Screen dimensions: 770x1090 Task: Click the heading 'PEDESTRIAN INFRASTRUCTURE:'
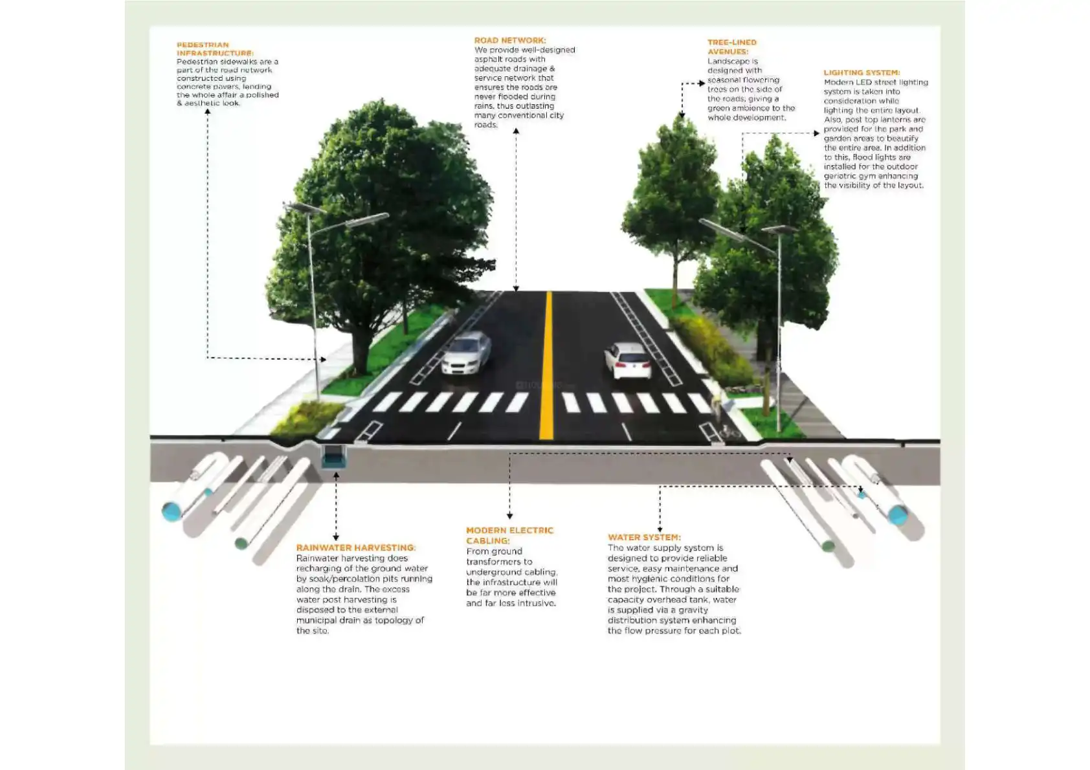[215, 49]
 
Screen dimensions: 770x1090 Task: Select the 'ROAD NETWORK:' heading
[509, 40]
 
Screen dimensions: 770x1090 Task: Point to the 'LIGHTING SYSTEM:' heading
[861, 72]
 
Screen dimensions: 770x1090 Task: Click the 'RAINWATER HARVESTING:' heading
[355, 547]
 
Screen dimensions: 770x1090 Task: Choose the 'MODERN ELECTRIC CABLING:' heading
[509, 535]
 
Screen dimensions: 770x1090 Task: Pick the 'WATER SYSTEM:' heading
[643, 537]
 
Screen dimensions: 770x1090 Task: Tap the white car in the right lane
[627, 360]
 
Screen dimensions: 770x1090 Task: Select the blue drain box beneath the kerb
[334, 457]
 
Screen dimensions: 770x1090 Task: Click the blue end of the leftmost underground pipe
[172, 512]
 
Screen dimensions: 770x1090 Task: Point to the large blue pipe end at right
[897, 515]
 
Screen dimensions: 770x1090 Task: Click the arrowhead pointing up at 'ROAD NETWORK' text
[516, 131]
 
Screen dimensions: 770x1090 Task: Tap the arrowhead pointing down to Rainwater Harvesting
[336, 537]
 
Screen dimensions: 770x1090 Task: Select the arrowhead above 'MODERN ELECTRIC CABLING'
[509, 516]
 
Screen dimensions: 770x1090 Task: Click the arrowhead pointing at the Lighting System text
[817, 133]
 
